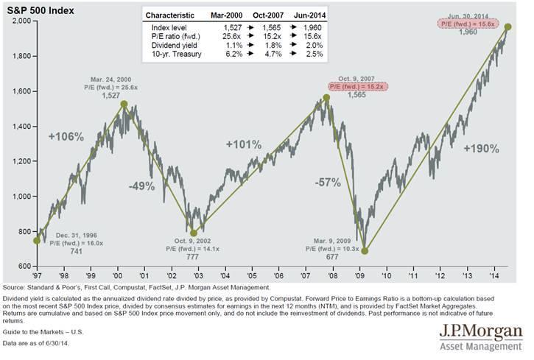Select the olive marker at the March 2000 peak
(123, 105)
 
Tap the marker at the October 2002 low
(194, 231)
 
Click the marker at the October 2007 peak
(326, 98)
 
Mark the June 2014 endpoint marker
(507, 27)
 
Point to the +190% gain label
(482, 148)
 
